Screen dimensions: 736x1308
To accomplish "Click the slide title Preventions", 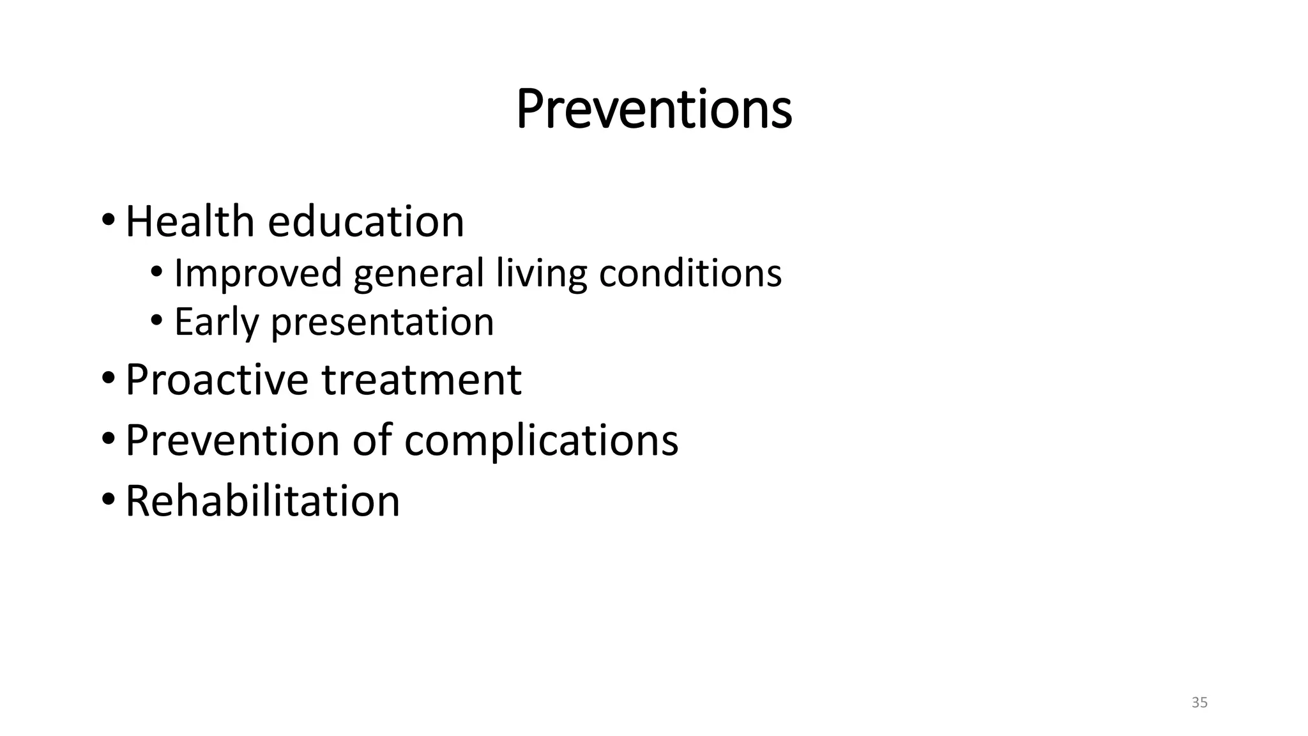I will tap(653, 109).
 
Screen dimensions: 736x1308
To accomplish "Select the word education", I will tap(365, 222).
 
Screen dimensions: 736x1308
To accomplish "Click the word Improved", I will tap(258, 273).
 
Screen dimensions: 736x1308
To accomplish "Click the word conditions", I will tap(690, 273).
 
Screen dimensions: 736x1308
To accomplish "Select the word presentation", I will tap(382, 323).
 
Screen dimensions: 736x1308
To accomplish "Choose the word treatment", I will tap(422, 379).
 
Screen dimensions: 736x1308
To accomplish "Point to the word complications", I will tap(541, 441).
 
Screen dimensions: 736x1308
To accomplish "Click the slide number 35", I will tap(1199, 703).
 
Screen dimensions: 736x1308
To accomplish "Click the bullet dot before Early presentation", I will tap(156, 321).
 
